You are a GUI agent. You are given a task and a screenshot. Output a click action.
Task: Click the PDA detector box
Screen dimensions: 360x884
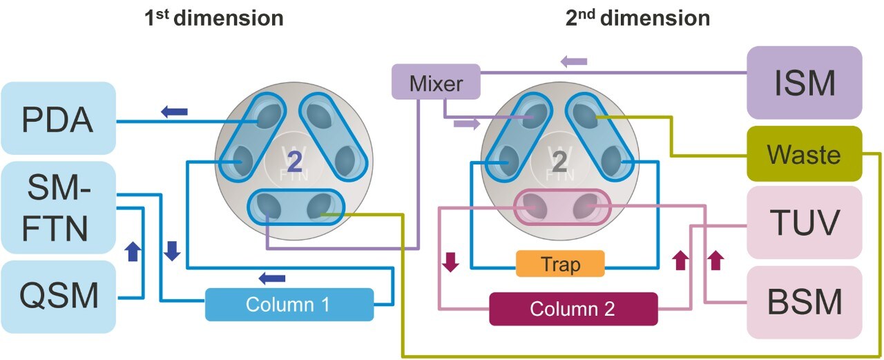pyautogui.click(x=58, y=120)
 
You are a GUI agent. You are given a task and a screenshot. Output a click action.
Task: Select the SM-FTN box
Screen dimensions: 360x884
pyautogui.click(x=58, y=207)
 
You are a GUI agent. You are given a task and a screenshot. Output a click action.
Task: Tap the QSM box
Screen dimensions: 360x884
pyautogui.click(x=58, y=297)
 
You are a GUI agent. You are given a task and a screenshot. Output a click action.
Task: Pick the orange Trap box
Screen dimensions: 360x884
pyautogui.click(x=560, y=263)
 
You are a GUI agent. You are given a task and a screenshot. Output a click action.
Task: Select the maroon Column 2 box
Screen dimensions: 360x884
pyautogui.click(x=573, y=309)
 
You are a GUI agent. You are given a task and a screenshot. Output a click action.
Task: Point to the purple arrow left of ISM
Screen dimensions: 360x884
pyautogui.click(x=573, y=61)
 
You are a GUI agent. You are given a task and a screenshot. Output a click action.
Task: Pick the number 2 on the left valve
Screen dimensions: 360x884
pyautogui.click(x=294, y=161)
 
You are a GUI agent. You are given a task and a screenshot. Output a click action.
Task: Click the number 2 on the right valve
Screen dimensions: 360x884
pyautogui.click(x=559, y=161)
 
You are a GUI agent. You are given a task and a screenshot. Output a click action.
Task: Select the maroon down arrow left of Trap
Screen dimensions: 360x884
pyautogui.click(x=450, y=263)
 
